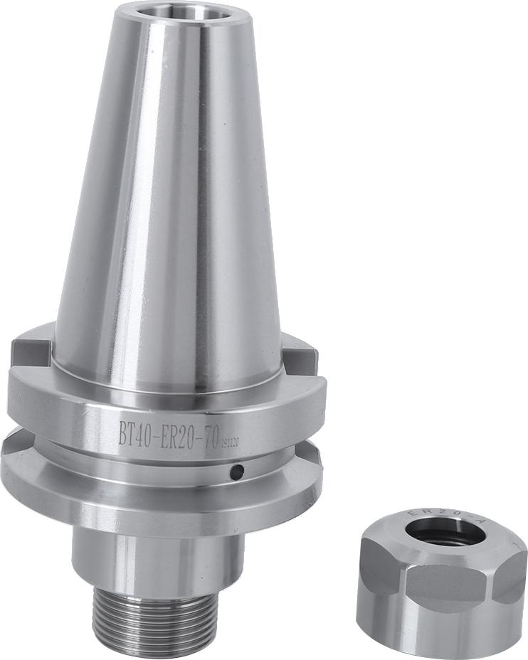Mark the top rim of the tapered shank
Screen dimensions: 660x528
180,6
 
